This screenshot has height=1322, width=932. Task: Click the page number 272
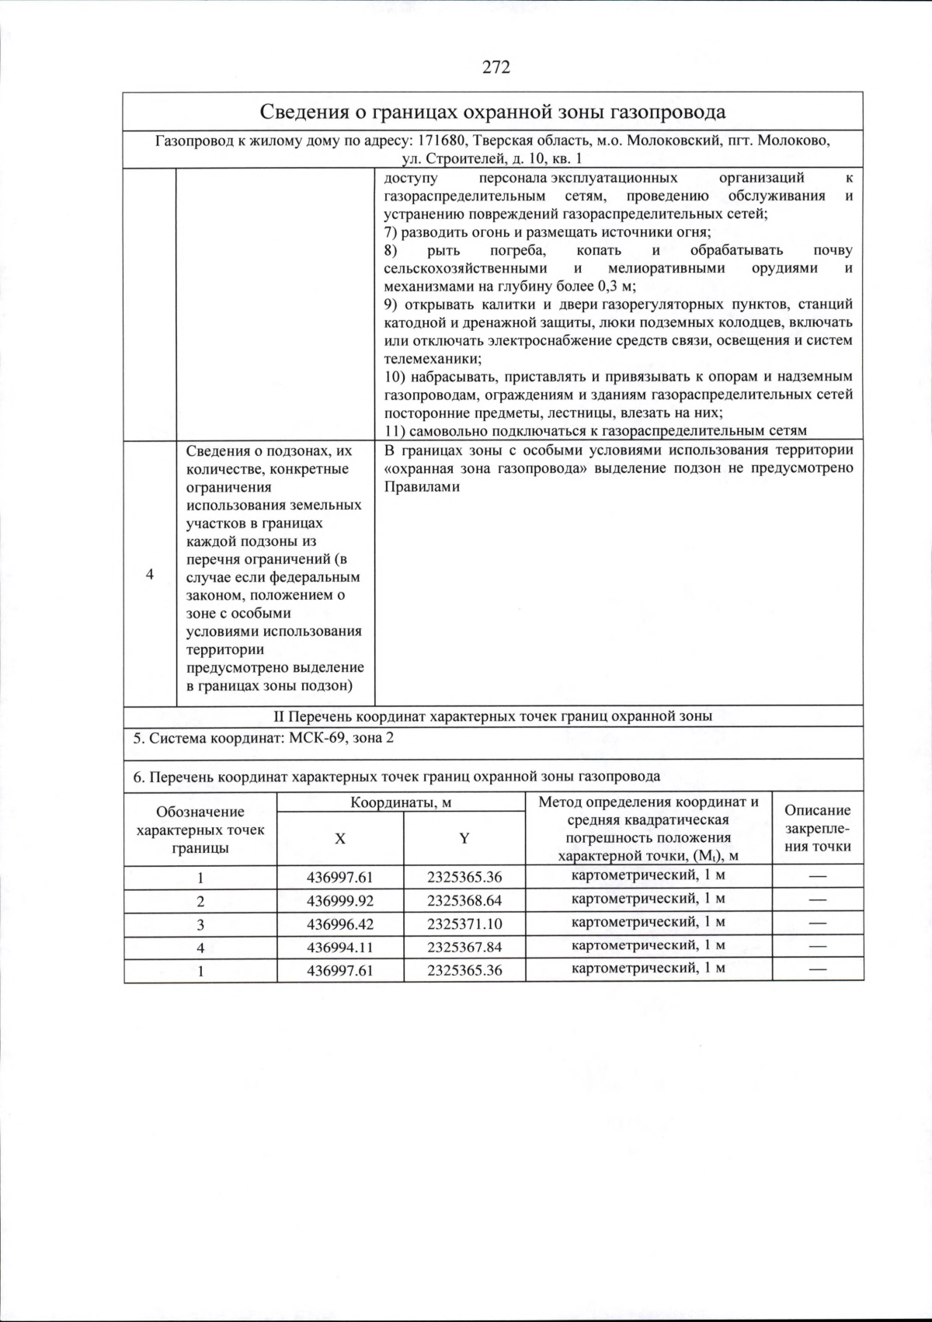pos(496,67)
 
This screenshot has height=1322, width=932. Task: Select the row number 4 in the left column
pos(150,573)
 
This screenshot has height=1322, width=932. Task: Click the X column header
pos(340,838)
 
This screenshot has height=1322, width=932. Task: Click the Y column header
pos(464,838)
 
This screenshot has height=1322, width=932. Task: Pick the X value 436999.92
pos(340,901)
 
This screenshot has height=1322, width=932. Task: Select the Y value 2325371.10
pos(464,924)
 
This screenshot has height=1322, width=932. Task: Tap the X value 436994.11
pos(340,948)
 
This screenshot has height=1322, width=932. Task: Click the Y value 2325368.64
pos(464,901)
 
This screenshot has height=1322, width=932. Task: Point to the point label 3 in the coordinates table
pos(200,924)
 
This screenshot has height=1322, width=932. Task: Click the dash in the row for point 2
pos(817,901)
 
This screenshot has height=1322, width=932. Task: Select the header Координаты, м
pos(401,802)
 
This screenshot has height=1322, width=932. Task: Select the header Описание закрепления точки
pos(817,828)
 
